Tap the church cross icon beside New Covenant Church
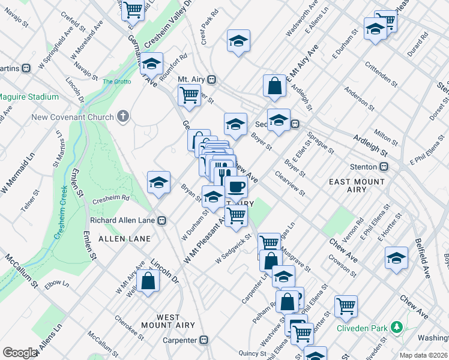123,115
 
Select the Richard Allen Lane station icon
161,220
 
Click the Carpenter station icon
203,340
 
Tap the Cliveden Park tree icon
396,328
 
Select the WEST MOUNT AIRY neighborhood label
160,321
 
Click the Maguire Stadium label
28,97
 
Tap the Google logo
19,353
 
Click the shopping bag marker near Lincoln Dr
148,280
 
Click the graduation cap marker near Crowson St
396,257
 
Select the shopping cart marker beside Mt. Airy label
189,94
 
